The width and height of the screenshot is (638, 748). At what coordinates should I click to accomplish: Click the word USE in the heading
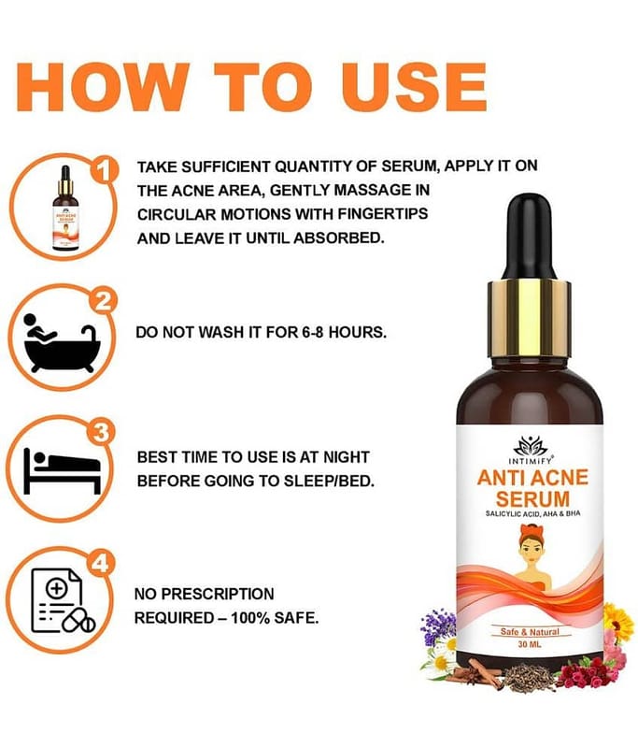tap(414, 87)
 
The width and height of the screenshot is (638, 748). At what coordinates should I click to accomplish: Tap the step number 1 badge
tap(104, 170)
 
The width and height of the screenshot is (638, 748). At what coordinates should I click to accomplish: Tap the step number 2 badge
tap(103, 300)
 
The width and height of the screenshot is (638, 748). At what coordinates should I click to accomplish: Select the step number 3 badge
tap(101, 433)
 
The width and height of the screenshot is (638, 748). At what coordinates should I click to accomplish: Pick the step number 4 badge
tap(100, 564)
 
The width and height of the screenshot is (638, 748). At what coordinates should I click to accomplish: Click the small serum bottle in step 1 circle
tap(65, 208)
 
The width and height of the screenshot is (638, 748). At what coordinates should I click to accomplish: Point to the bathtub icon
tap(61, 342)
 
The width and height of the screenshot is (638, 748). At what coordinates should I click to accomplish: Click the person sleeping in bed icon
tap(62, 470)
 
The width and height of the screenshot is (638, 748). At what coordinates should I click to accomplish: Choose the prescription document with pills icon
tap(63, 600)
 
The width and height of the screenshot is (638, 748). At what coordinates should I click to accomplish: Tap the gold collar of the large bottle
tap(529, 319)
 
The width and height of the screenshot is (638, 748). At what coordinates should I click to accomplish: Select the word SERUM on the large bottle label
tap(532, 498)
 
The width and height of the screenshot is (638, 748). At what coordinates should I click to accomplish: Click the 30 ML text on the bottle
tap(530, 644)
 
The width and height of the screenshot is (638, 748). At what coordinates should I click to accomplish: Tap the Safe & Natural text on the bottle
tap(530, 632)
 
